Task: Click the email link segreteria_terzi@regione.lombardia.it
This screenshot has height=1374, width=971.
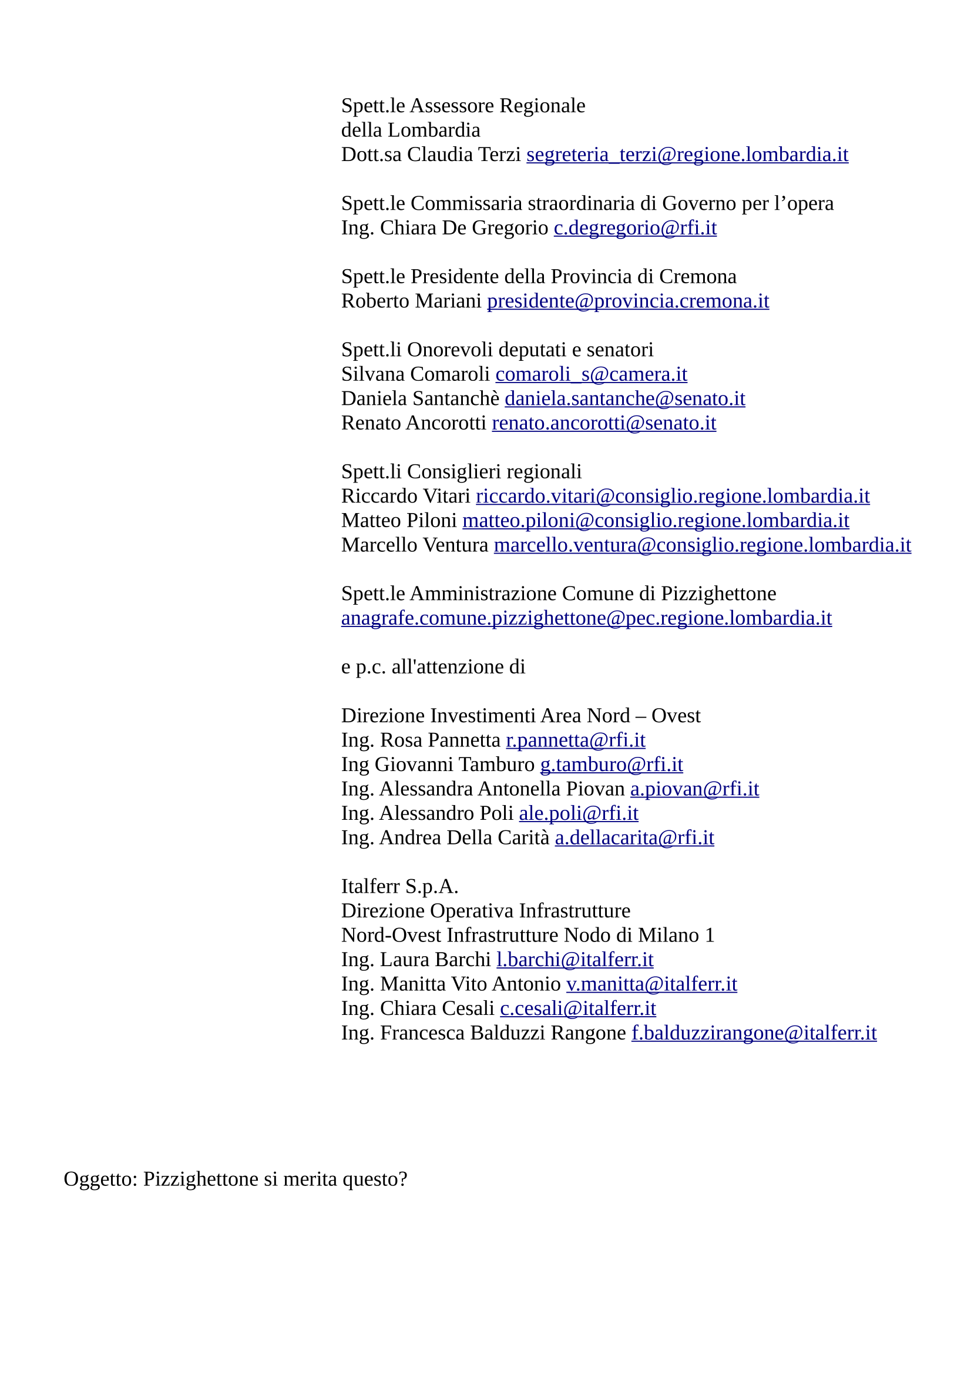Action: (687, 155)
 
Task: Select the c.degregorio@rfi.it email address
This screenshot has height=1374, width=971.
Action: (635, 227)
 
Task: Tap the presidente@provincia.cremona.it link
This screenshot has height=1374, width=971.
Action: (627, 300)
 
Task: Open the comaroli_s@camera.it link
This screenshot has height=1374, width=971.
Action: (591, 374)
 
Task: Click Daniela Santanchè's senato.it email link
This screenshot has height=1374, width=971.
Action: (624, 398)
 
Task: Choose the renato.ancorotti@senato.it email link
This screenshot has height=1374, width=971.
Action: (604, 423)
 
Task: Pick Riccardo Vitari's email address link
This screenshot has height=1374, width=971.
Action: (673, 496)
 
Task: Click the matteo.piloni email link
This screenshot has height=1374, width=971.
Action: (656, 521)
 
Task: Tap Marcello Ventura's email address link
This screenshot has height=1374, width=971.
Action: (702, 545)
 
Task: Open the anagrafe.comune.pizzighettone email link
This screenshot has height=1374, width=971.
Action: (586, 618)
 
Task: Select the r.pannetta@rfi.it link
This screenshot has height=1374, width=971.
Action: (576, 740)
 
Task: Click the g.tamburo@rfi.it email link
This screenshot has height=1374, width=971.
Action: (612, 765)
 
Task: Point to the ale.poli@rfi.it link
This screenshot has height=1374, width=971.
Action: (579, 813)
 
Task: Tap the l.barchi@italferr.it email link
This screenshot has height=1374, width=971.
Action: (574, 960)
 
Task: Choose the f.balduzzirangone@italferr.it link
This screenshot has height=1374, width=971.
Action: (754, 1033)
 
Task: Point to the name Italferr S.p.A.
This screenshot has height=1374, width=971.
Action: (399, 886)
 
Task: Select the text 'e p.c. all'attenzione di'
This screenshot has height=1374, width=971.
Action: (433, 666)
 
